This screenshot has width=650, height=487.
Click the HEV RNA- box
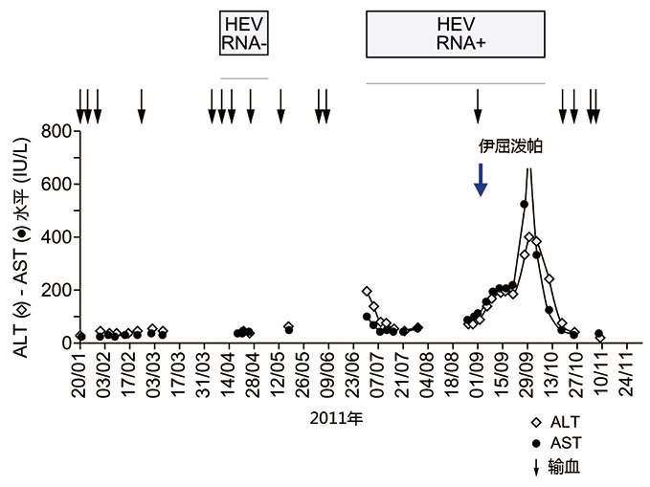[243, 35]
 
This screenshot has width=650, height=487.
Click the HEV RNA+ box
[456, 35]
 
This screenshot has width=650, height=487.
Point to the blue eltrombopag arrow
[482, 179]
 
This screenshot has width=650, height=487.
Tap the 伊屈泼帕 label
[504, 147]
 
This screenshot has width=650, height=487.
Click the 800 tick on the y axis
[59, 132]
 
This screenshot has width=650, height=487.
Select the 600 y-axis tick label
[59, 185]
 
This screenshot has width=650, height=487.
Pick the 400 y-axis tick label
[59, 237]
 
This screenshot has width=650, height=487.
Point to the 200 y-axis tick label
[59, 291]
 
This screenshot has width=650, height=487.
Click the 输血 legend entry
[556, 466]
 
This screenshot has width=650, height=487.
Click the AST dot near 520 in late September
[524, 204]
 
